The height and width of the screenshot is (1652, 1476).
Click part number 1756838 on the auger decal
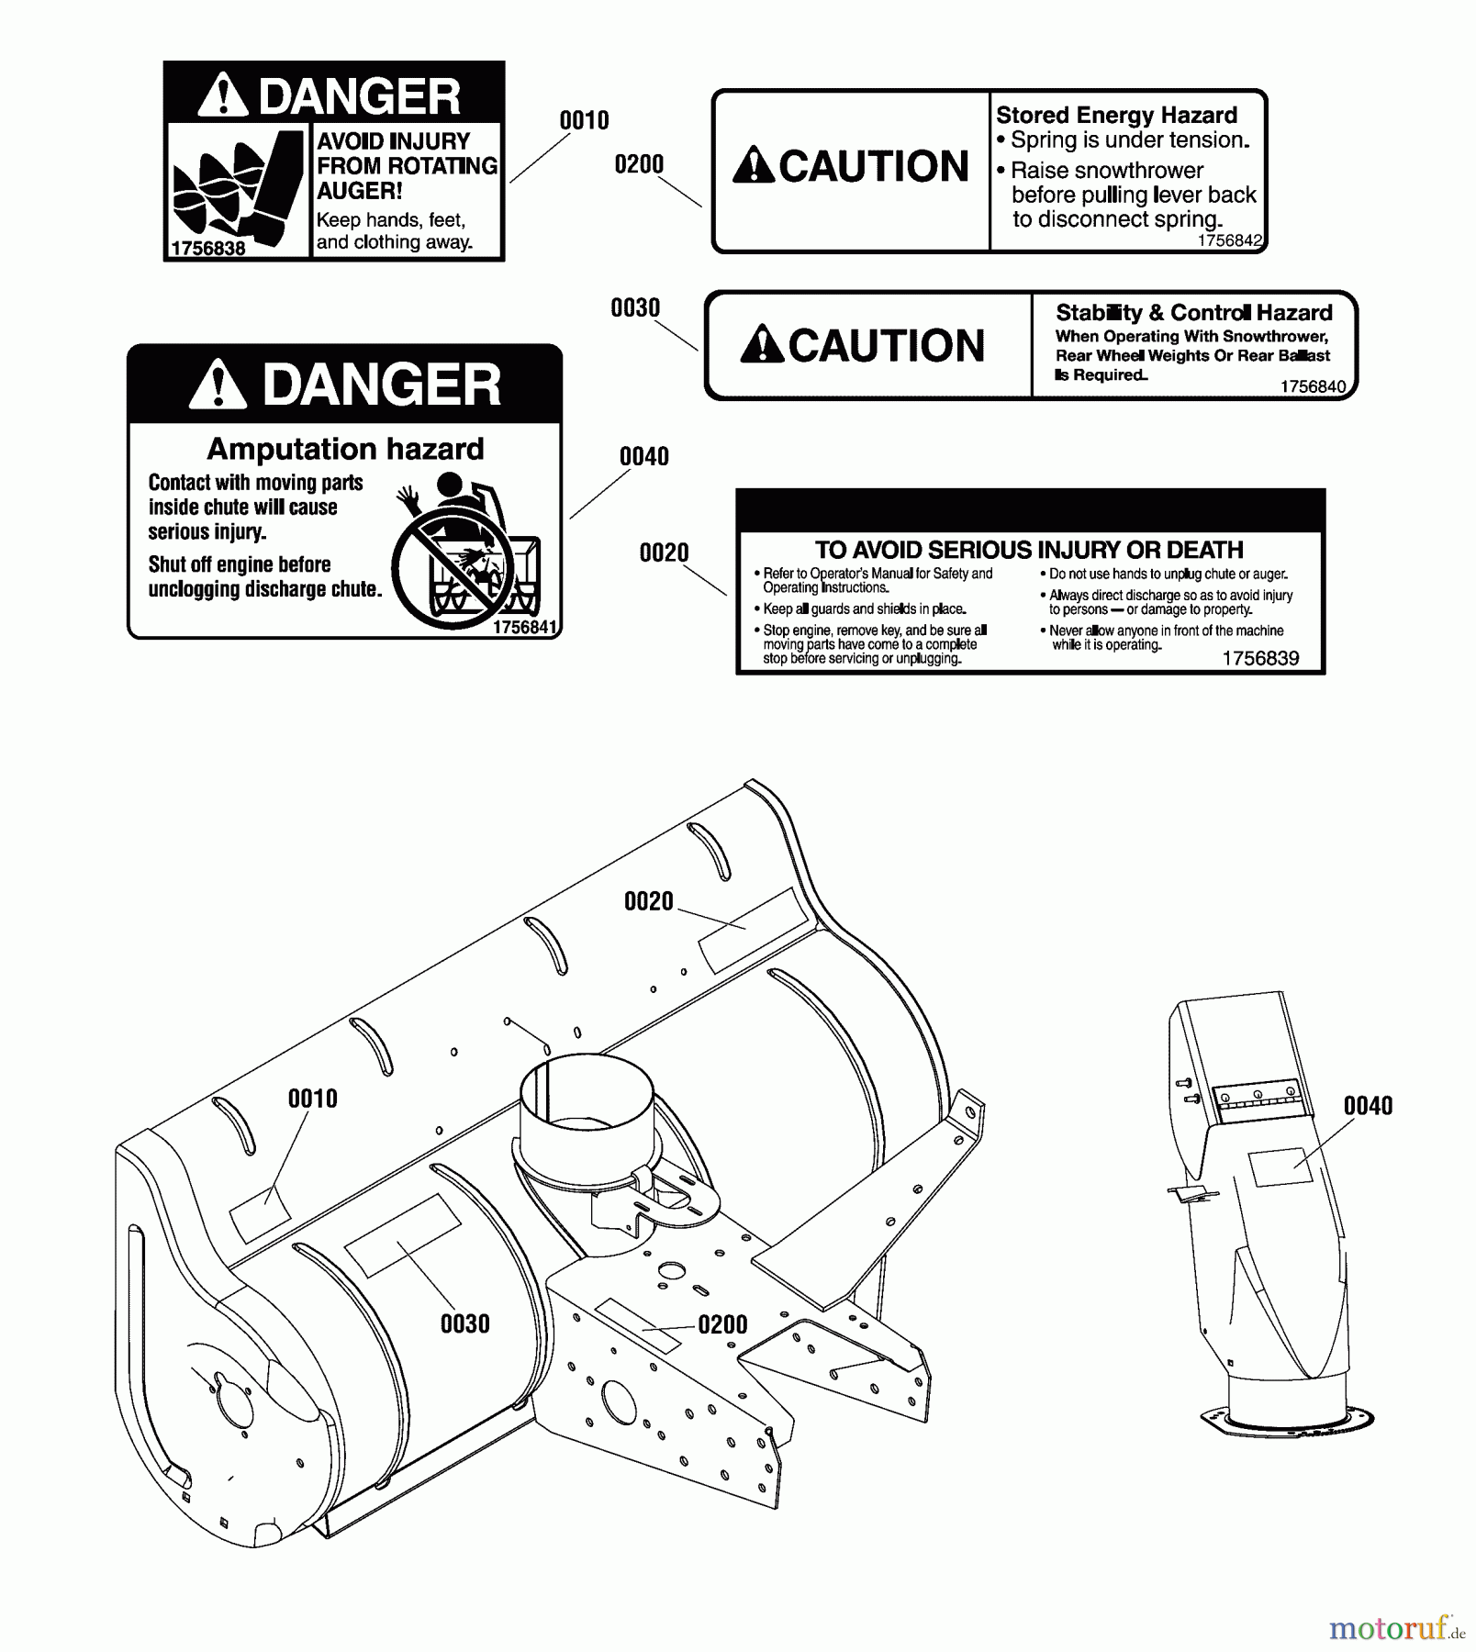tap(208, 249)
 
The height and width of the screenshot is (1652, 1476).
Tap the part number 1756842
tap(1230, 240)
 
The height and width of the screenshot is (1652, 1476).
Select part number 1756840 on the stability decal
tap(1313, 386)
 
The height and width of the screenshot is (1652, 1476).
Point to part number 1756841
tap(524, 627)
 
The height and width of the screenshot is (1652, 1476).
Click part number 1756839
tap(1260, 658)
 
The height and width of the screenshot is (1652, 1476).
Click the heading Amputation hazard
tap(345, 449)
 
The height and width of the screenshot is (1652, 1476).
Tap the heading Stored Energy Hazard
tap(1116, 115)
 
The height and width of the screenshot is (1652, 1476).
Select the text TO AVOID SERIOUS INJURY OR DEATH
tap(1029, 550)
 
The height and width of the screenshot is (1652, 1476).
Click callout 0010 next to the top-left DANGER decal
tap(584, 120)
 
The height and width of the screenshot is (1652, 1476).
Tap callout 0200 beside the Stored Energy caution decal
tap(639, 164)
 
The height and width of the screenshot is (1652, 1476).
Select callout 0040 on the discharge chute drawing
tap(1368, 1105)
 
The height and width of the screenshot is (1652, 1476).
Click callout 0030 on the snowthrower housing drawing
tap(464, 1323)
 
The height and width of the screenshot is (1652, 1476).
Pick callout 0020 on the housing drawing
tap(648, 901)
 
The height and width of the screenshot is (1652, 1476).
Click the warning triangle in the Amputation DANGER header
tap(218, 385)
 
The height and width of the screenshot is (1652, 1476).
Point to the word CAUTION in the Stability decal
tap(886, 346)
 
